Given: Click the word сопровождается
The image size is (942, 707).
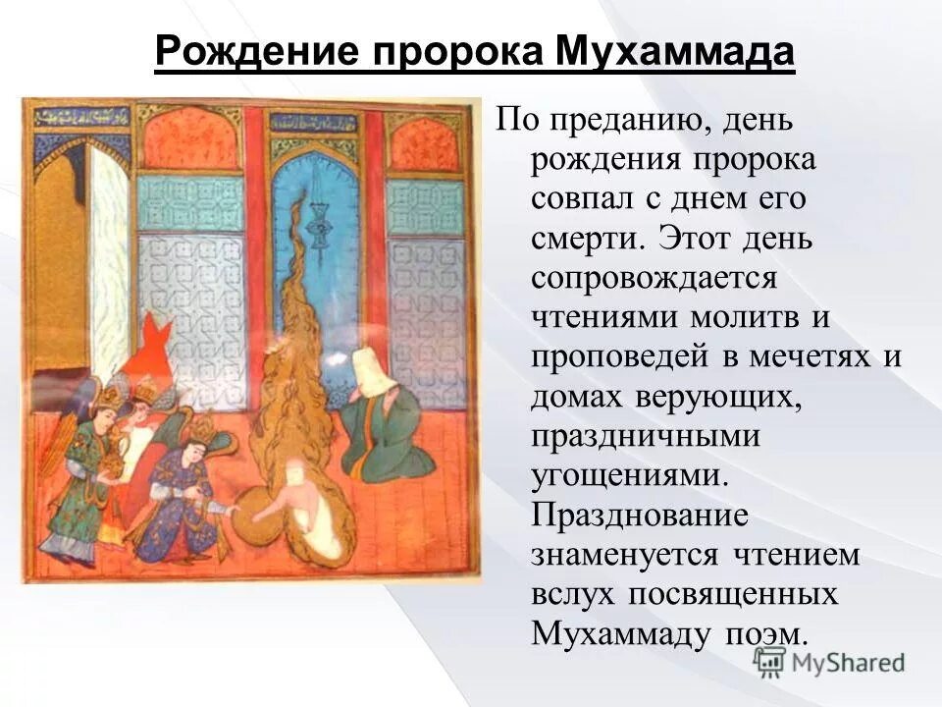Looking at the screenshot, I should coord(654,277).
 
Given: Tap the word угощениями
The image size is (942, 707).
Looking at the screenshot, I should coord(631,475).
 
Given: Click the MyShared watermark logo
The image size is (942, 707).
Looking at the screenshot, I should coord(829,662).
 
